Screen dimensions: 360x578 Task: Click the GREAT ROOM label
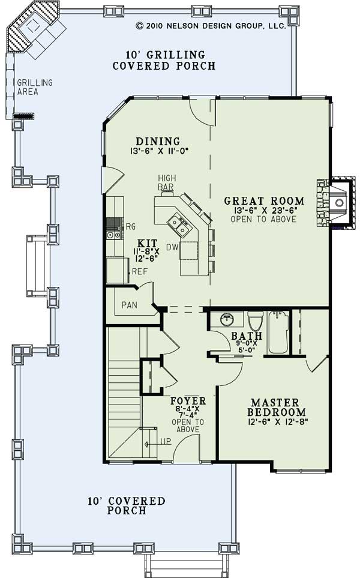pos(264,201)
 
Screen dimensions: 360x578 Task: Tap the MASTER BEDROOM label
pos(277,407)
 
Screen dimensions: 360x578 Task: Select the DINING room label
pos(158,141)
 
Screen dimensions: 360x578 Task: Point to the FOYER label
pos(188,401)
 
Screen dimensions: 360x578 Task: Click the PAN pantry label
pos(130,305)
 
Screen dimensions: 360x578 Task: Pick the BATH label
pos(247,336)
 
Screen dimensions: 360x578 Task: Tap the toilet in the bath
pos(255,321)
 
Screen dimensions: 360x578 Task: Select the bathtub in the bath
pos(278,332)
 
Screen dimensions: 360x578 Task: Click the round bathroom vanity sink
pos(228,319)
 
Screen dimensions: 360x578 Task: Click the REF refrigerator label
pos(140,272)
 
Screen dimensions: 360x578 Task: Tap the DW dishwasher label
pos(172,247)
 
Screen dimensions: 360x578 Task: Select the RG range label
pos(131,227)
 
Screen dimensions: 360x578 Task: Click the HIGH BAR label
pos(167,182)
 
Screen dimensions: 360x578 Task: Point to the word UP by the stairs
pos(166,441)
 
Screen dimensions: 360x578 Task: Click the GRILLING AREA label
pos(35,87)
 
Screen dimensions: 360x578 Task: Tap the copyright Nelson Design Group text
pos(211,26)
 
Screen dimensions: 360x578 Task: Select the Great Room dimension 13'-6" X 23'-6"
pos(265,211)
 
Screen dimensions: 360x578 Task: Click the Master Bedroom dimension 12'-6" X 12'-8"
pos(278,421)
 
